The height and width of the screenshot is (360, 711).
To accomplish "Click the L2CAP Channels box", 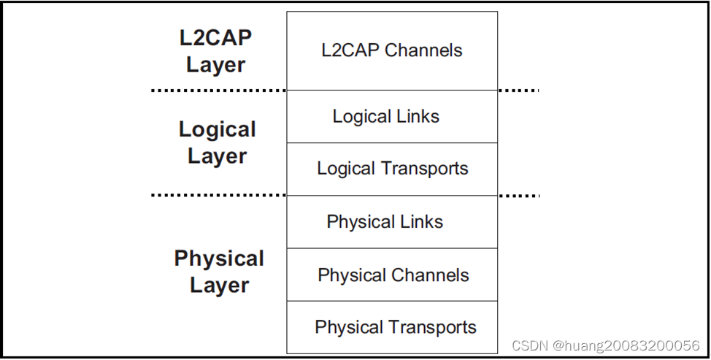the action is point(392,50).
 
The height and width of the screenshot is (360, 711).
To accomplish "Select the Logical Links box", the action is point(392,116).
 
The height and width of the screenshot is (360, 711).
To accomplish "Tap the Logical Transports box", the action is point(392,169).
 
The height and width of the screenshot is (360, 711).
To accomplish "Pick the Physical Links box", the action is point(392,222).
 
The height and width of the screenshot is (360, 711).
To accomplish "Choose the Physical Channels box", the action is point(392,275).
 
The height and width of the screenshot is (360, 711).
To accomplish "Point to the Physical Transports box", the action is point(392,327).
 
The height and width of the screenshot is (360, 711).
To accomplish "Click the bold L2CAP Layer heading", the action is point(215,51).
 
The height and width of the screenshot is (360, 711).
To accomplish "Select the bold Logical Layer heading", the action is point(217,142).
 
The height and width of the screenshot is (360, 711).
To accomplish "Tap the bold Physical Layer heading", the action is point(219,272).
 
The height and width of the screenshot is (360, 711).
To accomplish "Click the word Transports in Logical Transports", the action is point(426,169).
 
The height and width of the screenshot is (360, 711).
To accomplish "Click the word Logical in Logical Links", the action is point(358,116).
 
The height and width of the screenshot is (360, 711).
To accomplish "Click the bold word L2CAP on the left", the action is point(215,38).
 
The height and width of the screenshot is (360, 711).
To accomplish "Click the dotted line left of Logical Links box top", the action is point(218,91).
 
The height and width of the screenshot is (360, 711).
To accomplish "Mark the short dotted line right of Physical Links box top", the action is point(518,196).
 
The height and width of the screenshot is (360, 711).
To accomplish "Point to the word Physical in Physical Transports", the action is point(348,327).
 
